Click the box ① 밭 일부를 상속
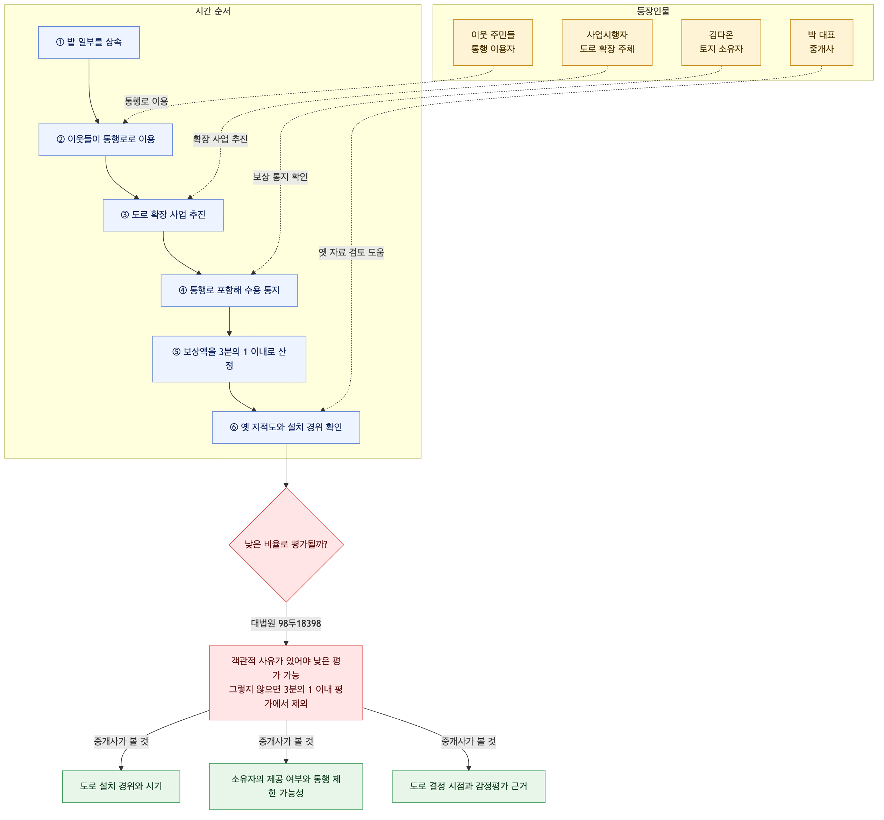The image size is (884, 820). [x=89, y=42]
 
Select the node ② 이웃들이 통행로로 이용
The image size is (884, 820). [x=106, y=139]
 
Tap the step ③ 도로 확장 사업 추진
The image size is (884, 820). [x=163, y=215]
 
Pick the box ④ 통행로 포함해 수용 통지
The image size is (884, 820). [x=229, y=290]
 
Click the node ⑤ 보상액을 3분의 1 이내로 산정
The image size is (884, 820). [x=229, y=359]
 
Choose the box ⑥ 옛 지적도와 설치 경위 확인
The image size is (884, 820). [x=286, y=427]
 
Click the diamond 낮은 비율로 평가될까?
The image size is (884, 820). [x=286, y=545]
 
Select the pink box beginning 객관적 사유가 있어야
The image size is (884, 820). [x=286, y=682]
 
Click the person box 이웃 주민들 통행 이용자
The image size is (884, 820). [x=493, y=42]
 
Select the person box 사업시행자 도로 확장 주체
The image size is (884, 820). [x=607, y=42]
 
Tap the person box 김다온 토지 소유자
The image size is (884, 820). [x=721, y=42]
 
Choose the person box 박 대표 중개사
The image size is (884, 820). [x=821, y=42]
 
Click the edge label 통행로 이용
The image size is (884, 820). [x=146, y=101]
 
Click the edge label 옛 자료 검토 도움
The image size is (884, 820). [x=351, y=252]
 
